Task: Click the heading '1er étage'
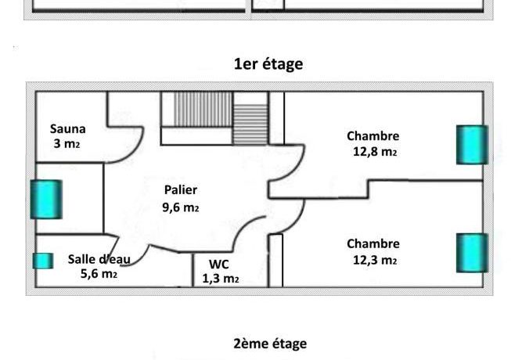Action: coord(268,64)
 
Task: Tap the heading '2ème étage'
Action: coord(270,344)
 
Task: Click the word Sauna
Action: coord(68,128)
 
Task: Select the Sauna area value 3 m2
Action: coord(67,144)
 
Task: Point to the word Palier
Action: coord(181,190)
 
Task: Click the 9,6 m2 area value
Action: coord(181,207)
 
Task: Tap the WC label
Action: coord(218,265)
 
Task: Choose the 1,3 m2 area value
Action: coord(221,279)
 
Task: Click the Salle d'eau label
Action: coord(99,259)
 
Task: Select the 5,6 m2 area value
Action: coord(99,274)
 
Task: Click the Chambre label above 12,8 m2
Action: coord(372,136)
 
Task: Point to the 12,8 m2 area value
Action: coord(375,152)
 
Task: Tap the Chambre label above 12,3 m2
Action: coord(373,244)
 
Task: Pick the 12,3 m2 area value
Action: coord(375,261)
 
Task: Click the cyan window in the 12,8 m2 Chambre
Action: coord(472,145)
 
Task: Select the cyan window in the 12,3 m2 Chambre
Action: coord(472,253)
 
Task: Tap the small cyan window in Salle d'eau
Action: coord(43,261)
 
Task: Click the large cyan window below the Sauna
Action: coord(46,199)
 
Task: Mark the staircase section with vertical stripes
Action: coord(203,109)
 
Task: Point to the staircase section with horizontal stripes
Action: coord(250,124)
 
